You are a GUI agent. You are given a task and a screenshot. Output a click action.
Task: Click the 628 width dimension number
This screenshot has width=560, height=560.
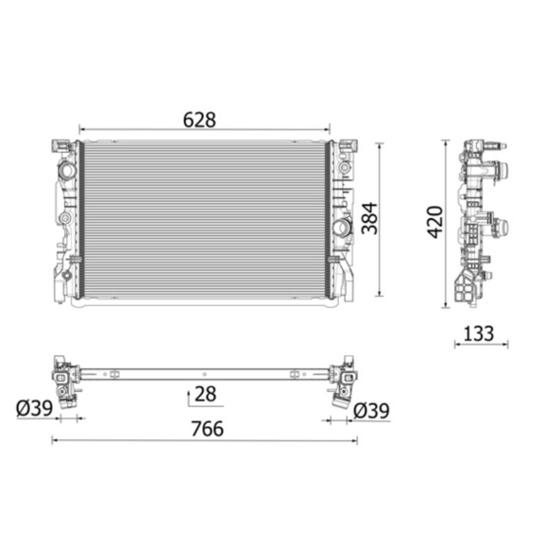[x=200, y=120]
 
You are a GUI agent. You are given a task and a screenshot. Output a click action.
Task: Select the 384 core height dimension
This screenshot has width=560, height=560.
[x=369, y=218]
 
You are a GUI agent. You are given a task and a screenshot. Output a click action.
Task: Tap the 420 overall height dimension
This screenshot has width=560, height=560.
[x=435, y=222]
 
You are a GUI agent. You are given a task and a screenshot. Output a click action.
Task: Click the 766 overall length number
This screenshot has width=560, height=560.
[x=208, y=429]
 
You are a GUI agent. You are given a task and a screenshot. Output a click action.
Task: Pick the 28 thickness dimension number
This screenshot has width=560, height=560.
[x=205, y=394]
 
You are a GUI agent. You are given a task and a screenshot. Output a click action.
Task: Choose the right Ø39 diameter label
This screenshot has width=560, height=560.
[x=371, y=411]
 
